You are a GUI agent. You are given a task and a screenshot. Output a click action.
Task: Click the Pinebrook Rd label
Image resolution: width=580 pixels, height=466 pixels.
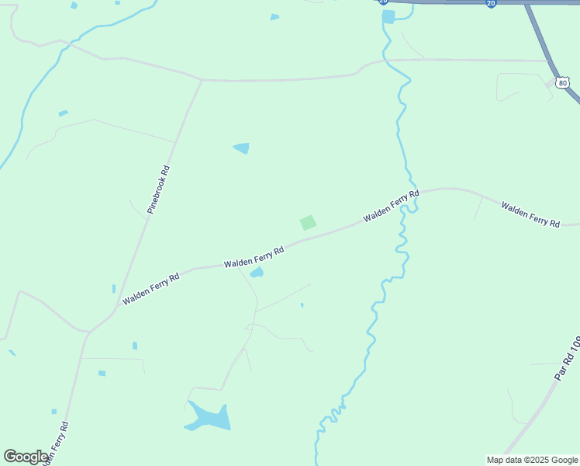pyautogui.click(x=158, y=190)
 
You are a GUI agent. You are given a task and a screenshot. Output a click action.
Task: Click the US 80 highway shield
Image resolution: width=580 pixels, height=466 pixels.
pyautogui.click(x=561, y=81)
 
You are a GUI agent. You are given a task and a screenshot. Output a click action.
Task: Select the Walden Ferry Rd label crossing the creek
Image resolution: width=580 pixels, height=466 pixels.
pyautogui.click(x=392, y=206)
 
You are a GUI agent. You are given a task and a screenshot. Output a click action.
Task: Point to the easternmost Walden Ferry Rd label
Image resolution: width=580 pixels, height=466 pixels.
pyautogui.click(x=530, y=214)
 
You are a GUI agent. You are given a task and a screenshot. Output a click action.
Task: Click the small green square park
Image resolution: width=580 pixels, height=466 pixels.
pyautogui.click(x=308, y=223)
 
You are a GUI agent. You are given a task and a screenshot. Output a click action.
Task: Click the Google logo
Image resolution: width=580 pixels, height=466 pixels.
pyautogui.click(x=26, y=457)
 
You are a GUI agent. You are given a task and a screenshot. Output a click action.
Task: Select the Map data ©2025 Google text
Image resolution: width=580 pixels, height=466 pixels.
pyautogui.click(x=532, y=460)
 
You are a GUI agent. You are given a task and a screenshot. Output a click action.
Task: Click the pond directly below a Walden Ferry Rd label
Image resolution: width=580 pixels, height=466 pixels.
pyautogui.click(x=257, y=273)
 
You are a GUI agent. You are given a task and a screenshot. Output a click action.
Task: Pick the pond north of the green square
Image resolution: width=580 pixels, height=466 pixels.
pyautogui.click(x=242, y=148)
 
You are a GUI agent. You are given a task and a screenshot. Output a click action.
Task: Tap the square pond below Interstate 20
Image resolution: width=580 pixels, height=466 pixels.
pyautogui.click(x=388, y=16)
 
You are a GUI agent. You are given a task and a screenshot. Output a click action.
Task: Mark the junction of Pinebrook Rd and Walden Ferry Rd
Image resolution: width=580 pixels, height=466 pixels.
pyautogui.click(x=116, y=308)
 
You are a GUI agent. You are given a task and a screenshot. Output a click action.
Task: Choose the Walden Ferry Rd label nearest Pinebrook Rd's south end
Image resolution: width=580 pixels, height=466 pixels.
pyautogui.click(x=150, y=287)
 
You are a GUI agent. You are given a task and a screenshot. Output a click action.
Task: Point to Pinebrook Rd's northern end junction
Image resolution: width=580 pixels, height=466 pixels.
pyautogui.click(x=202, y=80)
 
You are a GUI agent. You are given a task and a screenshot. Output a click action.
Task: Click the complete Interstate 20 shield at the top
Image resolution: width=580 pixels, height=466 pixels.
pyautogui.click(x=491, y=4)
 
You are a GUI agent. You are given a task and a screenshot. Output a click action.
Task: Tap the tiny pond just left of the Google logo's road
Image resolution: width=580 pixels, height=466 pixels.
pyautogui.click(x=54, y=412)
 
